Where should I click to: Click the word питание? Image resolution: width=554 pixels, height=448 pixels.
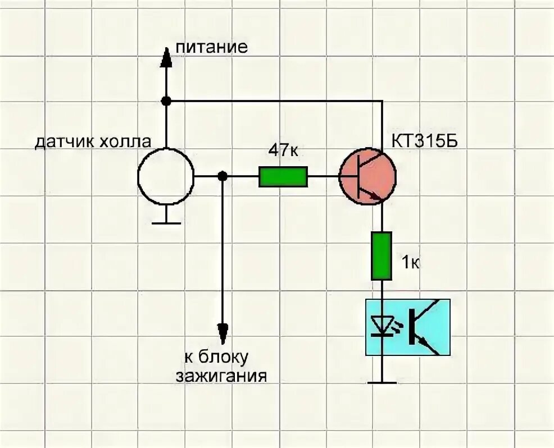(x=211, y=47)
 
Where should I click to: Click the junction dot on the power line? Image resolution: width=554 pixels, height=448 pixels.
(x=166, y=101)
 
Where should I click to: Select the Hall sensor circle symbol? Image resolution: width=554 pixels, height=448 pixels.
(x=166, y=176)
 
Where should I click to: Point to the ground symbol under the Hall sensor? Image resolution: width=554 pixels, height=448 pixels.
(x=166, y=222)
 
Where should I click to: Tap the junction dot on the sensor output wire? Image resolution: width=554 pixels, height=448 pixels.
(x=222, y=176)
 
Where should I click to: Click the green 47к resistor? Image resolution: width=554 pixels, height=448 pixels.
(x=283, y=177)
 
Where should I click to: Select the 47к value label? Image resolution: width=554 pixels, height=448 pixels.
(x=283, y=150)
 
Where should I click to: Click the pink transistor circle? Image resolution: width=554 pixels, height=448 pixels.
(x=368, y=176)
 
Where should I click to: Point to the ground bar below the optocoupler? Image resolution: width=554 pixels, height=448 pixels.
(x=382, y=383)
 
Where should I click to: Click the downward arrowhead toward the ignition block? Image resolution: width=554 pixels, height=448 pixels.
(x=222, y=331)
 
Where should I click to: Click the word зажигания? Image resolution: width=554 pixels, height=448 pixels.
(x=221, y=375)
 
